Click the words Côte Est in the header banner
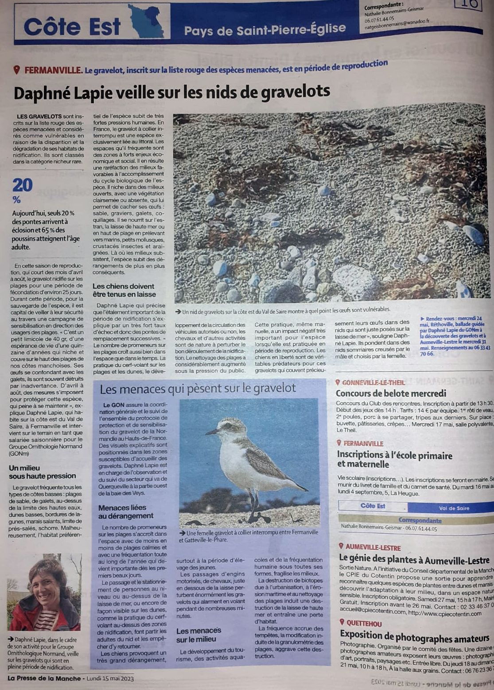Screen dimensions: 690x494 coord(72,27)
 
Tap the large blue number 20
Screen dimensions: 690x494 coord(23,185)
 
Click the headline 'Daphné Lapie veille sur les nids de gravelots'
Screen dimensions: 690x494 coord(172,92)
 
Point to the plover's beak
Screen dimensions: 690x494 coord(212,431)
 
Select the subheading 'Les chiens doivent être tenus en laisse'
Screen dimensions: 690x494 coord(124,290)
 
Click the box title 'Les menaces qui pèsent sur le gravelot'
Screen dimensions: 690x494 coord(198,389)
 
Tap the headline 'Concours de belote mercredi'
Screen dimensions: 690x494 coord(391,393)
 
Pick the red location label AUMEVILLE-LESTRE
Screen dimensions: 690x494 coord(373,547)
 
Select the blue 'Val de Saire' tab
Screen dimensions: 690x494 coord(454,508)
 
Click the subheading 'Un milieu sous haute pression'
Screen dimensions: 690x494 coord(43,472)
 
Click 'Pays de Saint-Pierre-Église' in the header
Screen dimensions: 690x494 coord(265,30)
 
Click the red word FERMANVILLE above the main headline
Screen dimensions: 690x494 coord(53,70)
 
